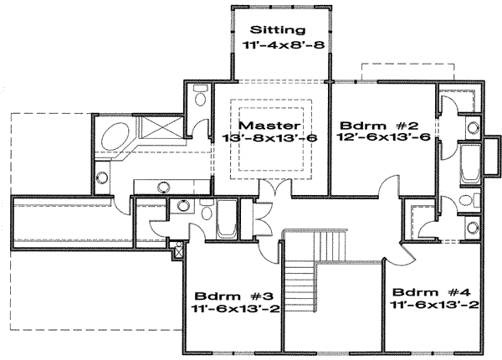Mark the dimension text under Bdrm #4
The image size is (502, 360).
434,306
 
